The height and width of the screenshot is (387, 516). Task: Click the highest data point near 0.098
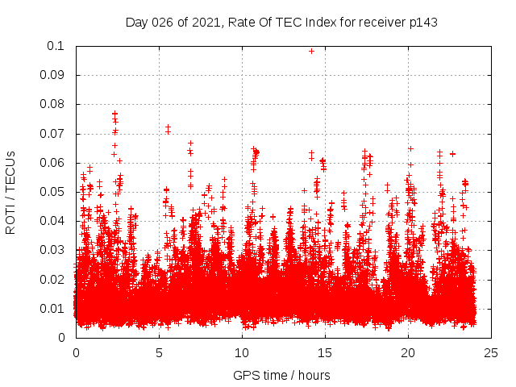311,51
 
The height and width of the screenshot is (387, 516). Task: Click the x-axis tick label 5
159,352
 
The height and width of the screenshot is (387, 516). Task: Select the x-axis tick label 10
242,352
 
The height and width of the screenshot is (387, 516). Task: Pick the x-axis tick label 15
325,352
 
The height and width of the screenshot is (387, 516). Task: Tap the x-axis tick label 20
408,352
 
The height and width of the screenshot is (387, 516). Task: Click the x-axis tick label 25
491,352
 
